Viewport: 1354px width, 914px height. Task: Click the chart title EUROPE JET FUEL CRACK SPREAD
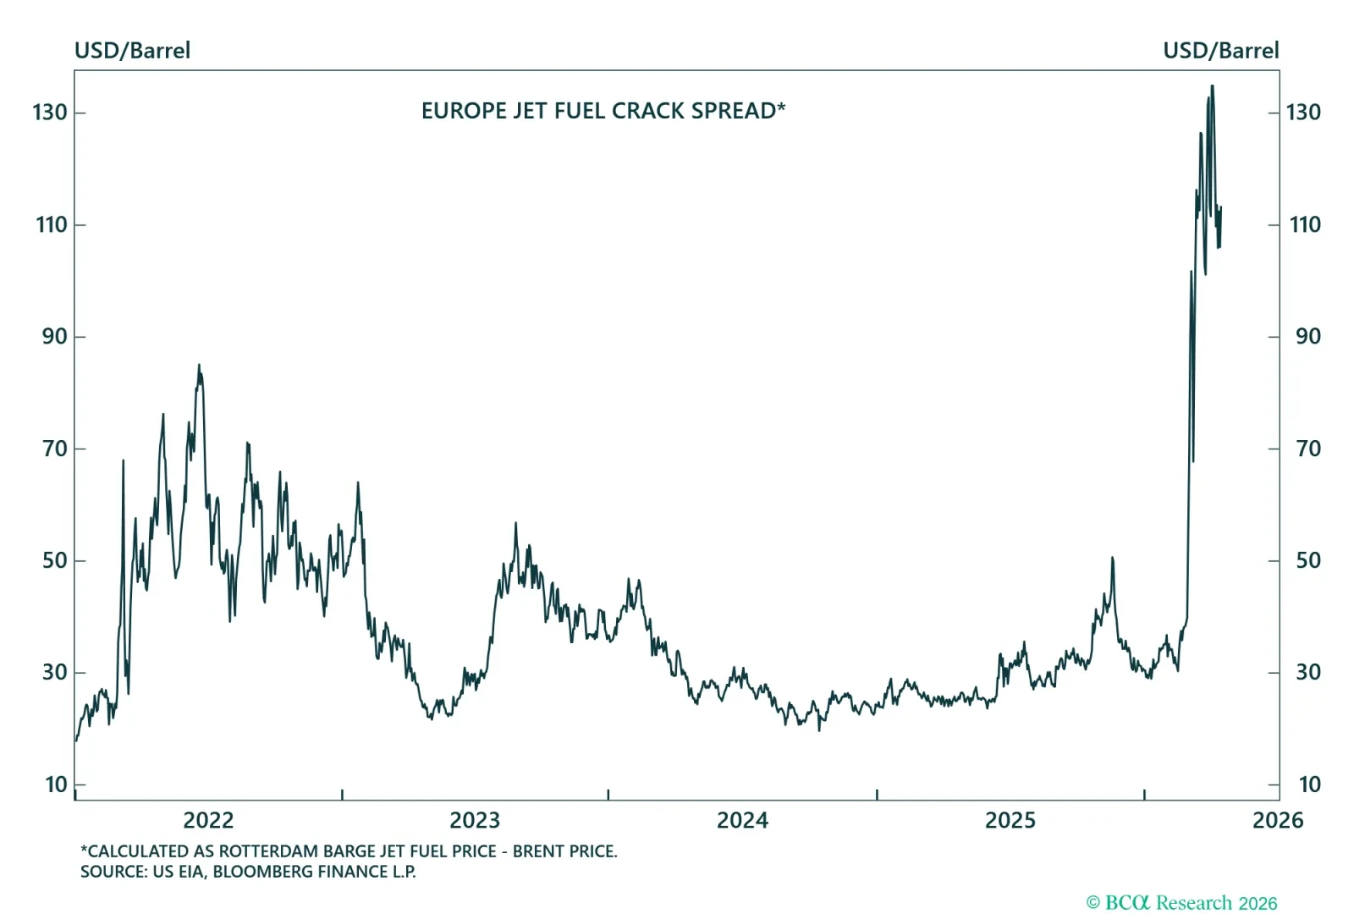pyautogui.click(x=603, y=111)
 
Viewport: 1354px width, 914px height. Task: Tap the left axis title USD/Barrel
pyautogui.click(x=132, y=51)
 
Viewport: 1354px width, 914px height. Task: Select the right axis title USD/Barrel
pyautogui.click(x=1220, y=51)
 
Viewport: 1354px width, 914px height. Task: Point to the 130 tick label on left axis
pyautogui.click(x=50, y=113)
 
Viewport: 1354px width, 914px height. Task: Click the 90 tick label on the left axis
pyautogui.click(x=54, y=337)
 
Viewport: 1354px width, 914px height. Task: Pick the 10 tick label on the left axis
pyautogui.click(x=56, y=785)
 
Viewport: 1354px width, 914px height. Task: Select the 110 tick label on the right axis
pyautogui.click(x=1304, y=224)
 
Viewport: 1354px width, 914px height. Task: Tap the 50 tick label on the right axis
pyautogui.click(x=1307, y=560)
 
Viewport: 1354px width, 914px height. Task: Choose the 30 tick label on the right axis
pyautogui.click(x=1307, y=672)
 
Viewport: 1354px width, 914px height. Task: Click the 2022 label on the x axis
pyautogui.click(x=208, y=820)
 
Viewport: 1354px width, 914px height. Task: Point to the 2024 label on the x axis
pyautogui.click(x=742, y=820)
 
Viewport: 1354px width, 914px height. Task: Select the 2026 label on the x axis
pyautogui.click(x=1278, y=820)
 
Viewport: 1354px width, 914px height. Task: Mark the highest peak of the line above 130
pyautogui.click(x=1212, y=86)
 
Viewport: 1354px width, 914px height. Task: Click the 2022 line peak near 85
pyautogui.click(x=199, y=366)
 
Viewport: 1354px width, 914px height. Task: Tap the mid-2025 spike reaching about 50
pyautogui.click(x=1112, y=558)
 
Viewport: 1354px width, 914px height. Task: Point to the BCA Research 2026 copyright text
pyautogui.click(x=1181, y=903)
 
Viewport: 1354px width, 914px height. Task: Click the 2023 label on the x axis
pyautogui.click(x=475, y=820)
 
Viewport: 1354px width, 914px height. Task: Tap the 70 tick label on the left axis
pyautogui.click(x=55, y=449)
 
